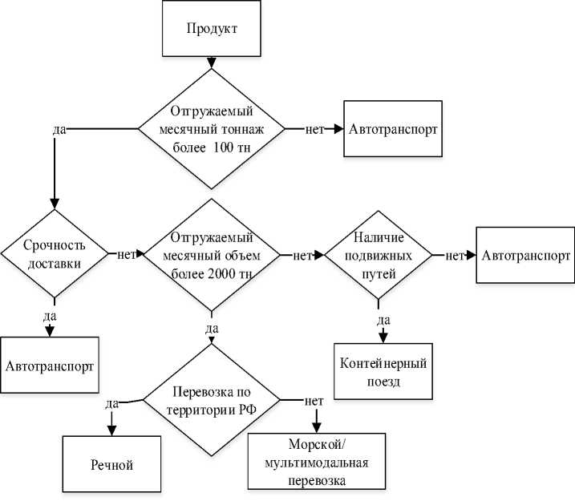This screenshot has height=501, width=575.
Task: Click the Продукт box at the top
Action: [213, 29]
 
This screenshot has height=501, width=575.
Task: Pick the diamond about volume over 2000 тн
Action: [211, 255]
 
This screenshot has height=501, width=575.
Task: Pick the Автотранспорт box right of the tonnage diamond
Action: [394, 129]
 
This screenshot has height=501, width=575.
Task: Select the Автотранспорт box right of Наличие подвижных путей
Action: [525, 255]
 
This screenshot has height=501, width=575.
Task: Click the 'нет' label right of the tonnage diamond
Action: [314, 130]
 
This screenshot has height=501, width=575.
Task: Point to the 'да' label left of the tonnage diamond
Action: [58, 130]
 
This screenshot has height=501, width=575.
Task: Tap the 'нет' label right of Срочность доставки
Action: [124, 255]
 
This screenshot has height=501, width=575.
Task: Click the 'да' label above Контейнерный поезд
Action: [382, 320]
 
